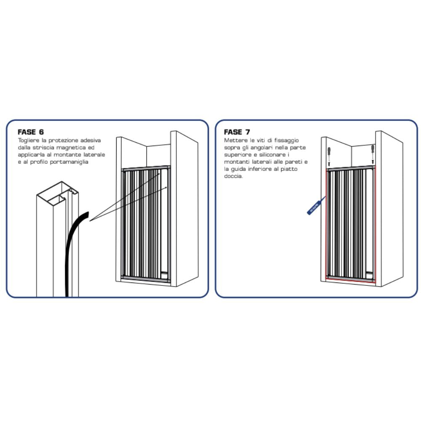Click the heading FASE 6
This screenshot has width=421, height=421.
point(31,132)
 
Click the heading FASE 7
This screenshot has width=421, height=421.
point(237,132)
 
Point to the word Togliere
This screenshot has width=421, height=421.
point(29,141)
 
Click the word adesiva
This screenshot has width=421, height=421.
point(91,141)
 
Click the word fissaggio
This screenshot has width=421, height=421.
point(286,141)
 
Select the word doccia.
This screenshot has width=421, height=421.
point(233,176)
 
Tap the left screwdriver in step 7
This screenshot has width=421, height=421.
point(329,154)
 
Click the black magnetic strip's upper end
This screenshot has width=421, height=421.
point(88,214)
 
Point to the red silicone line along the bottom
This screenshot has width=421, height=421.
point(351,280)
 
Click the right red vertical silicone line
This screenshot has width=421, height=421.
point(376,224)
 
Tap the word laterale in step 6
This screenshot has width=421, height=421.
point(94,155)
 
